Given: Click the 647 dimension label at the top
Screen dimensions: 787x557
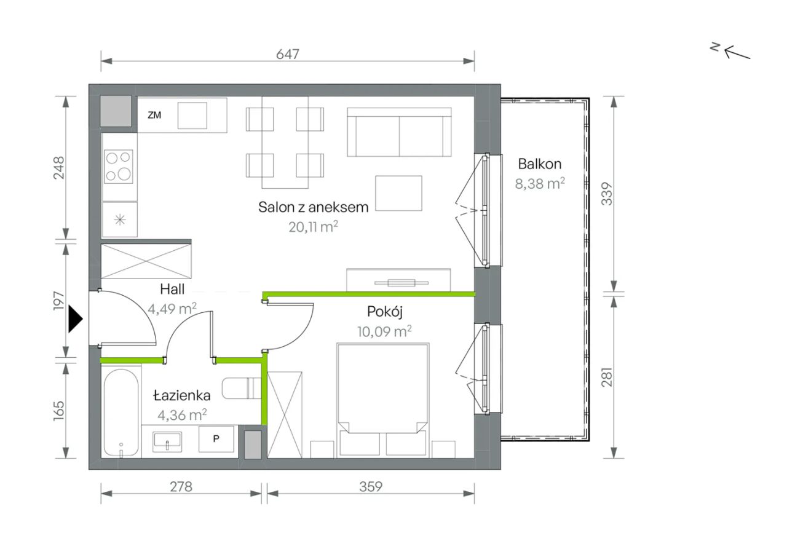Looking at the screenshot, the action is point(287,54).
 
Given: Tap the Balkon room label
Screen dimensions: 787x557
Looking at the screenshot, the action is point(540,164).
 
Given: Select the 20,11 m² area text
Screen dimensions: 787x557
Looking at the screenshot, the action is point(313,227).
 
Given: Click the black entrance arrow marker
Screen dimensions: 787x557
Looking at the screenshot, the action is point(75,319).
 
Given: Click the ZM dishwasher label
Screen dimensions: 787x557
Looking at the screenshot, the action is point(154,115).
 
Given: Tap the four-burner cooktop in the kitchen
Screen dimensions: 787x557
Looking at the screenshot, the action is point(119,167).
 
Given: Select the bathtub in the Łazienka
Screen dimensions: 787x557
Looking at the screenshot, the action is point(121,413).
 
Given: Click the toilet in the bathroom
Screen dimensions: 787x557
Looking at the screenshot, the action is point(242,388).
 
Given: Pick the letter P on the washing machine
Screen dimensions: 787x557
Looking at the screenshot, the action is point(216,438).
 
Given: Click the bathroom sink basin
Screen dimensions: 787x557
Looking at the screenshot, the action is point(167,441).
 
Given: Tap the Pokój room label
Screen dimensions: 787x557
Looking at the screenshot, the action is point(385,312).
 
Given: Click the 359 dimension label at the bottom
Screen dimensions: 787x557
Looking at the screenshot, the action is point(371,486).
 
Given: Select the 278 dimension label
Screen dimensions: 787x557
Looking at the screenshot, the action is point(181,486).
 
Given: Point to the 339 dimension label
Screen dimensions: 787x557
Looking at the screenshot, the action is point(607,194).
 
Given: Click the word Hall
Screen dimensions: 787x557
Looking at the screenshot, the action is point(172,289).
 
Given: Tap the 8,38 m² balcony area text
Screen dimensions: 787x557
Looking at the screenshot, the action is point(540,183).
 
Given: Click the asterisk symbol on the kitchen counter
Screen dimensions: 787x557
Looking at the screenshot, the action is point(120,220).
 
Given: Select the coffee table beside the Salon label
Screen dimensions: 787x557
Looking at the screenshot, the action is point(398,193).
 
